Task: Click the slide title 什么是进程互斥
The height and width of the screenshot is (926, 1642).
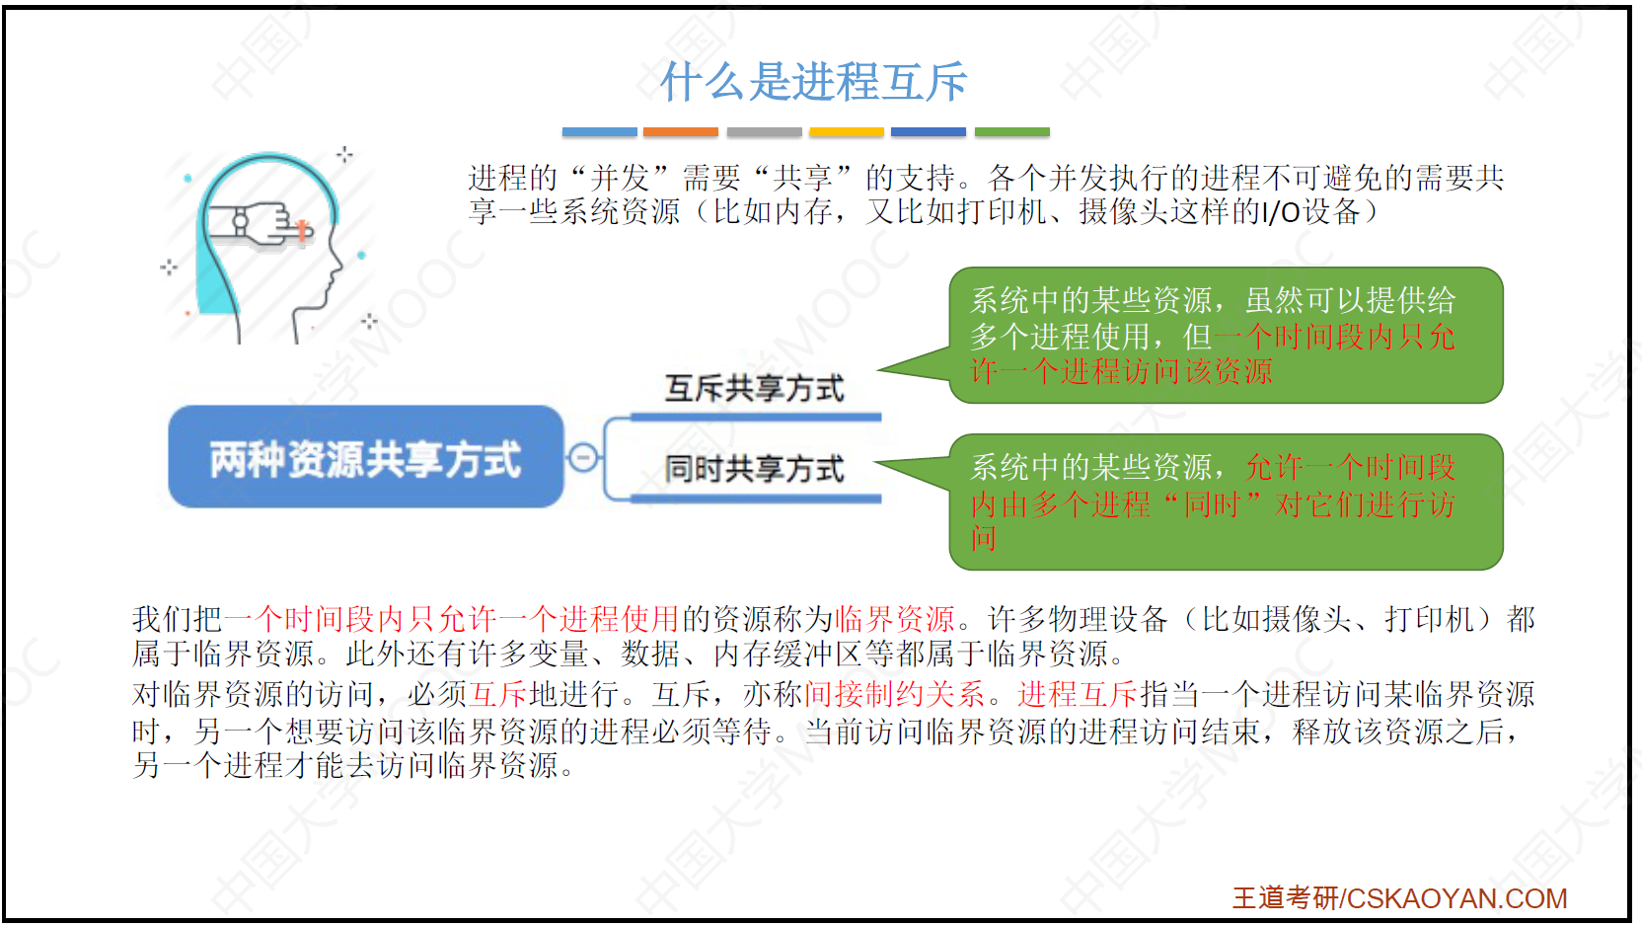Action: click(x=814, y=81)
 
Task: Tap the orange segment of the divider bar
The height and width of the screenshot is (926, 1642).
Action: click(x=680, y=132)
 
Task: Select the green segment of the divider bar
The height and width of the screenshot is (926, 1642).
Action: click(x=1012, y=132)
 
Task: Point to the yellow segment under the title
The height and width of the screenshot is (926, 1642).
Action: click(x=847, y=132)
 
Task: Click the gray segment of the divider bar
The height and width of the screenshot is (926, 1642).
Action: click(x=764, y=132)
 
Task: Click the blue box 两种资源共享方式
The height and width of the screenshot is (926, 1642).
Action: click(x=366, y=457)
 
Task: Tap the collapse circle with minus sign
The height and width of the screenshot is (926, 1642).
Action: click(x=583, y=457)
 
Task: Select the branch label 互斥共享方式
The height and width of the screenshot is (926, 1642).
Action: click(x=754, y=388)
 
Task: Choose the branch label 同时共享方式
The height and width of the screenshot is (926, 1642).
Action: click(x=754, y=469)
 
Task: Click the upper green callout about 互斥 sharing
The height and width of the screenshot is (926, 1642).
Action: click(x=1226, y=335)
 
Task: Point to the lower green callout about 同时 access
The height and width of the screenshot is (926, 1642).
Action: click(x=1226, y=502)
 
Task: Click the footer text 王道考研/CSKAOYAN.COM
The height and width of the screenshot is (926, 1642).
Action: click(x=1399, y=898)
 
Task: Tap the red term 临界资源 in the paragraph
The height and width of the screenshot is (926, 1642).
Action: click(x=895, y=620)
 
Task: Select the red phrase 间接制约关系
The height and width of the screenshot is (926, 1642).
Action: click(x=895, y=694)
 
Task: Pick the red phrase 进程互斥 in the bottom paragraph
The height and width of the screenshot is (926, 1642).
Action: click(x=1077, y=694)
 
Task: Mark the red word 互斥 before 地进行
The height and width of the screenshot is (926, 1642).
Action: click(x=497, y=694)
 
